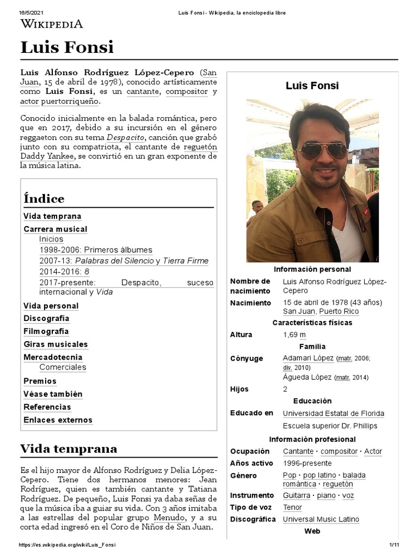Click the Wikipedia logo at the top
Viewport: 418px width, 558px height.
pos(52,23)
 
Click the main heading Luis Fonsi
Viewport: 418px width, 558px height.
pos(67,47)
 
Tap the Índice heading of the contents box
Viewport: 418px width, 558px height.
pos(44,198)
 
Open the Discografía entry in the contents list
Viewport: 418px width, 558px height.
pos(46,319)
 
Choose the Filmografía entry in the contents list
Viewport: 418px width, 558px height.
pos(46,331)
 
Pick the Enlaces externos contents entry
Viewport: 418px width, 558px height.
pos(58,420)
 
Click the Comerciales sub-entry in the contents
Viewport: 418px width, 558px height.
pos(63,367)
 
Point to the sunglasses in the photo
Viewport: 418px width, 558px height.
pos(323,150)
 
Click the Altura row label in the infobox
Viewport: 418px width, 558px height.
pos(241,335)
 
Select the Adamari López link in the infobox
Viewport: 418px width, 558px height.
pos(308,358)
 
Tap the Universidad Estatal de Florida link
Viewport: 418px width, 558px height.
pos(333,413)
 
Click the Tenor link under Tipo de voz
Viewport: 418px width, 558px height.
pos(292,507)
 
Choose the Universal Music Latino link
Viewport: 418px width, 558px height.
pos(321,519)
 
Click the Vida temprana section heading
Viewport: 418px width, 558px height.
pos(69,449)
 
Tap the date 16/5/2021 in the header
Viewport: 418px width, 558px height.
pos(30,13)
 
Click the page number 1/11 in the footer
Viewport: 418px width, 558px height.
pos(394,545)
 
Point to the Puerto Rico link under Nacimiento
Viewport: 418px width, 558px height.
pos(339,311)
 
